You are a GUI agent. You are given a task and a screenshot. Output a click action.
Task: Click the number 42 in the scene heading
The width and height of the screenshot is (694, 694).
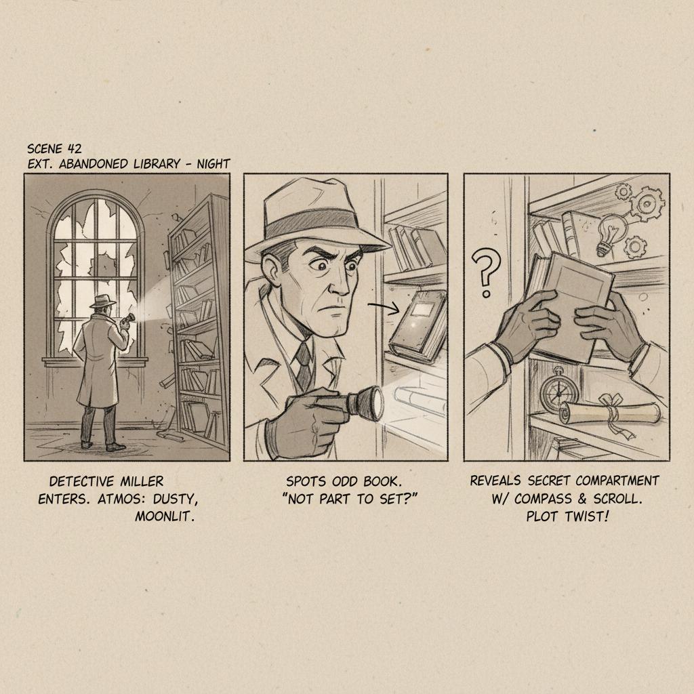[75, 148]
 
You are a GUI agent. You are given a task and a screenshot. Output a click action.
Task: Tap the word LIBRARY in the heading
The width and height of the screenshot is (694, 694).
[157, 164]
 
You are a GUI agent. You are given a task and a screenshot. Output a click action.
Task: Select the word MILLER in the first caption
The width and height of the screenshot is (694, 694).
[142, 481]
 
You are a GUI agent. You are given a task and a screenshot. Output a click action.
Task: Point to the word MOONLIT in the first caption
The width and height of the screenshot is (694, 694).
[165, 516]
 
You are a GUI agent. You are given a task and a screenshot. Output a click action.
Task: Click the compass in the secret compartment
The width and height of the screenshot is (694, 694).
[558, 390]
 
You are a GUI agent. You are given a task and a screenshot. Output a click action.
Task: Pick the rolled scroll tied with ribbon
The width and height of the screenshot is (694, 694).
[611, 414]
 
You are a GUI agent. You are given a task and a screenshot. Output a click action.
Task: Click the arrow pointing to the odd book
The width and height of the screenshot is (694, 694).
[384, 308]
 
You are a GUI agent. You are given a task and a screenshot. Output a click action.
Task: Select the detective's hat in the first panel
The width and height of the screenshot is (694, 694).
[103, 302]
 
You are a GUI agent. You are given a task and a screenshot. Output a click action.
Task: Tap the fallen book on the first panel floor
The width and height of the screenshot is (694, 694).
[170, 436]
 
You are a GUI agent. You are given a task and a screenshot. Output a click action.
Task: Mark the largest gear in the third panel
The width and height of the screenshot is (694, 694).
[647, 203]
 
